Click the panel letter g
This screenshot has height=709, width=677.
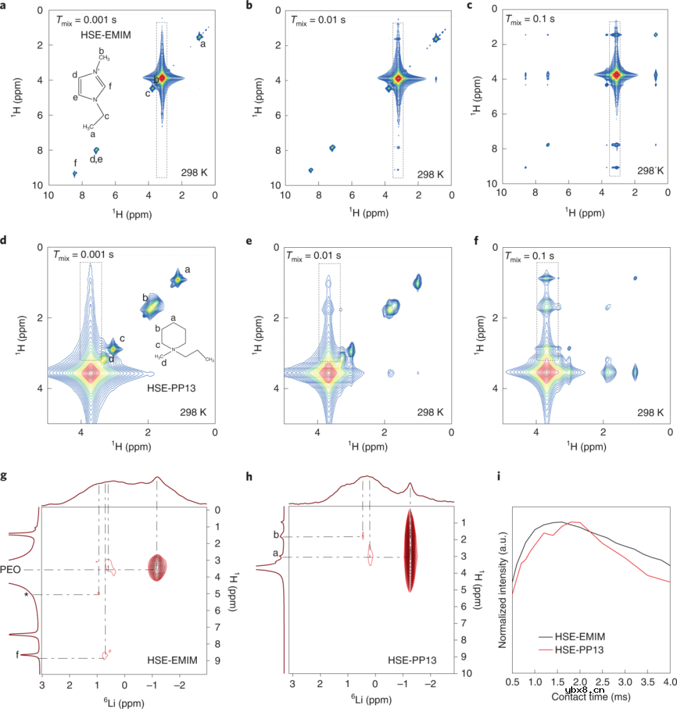click(4, 476)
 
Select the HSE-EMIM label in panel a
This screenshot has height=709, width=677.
click(105, 35)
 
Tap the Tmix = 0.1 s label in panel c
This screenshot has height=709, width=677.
click(530, 19)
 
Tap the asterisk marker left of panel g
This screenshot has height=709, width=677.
click(26, 594)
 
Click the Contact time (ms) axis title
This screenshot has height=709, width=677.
click(590, 696)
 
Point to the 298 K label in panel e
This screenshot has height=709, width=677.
click(431, 412)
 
